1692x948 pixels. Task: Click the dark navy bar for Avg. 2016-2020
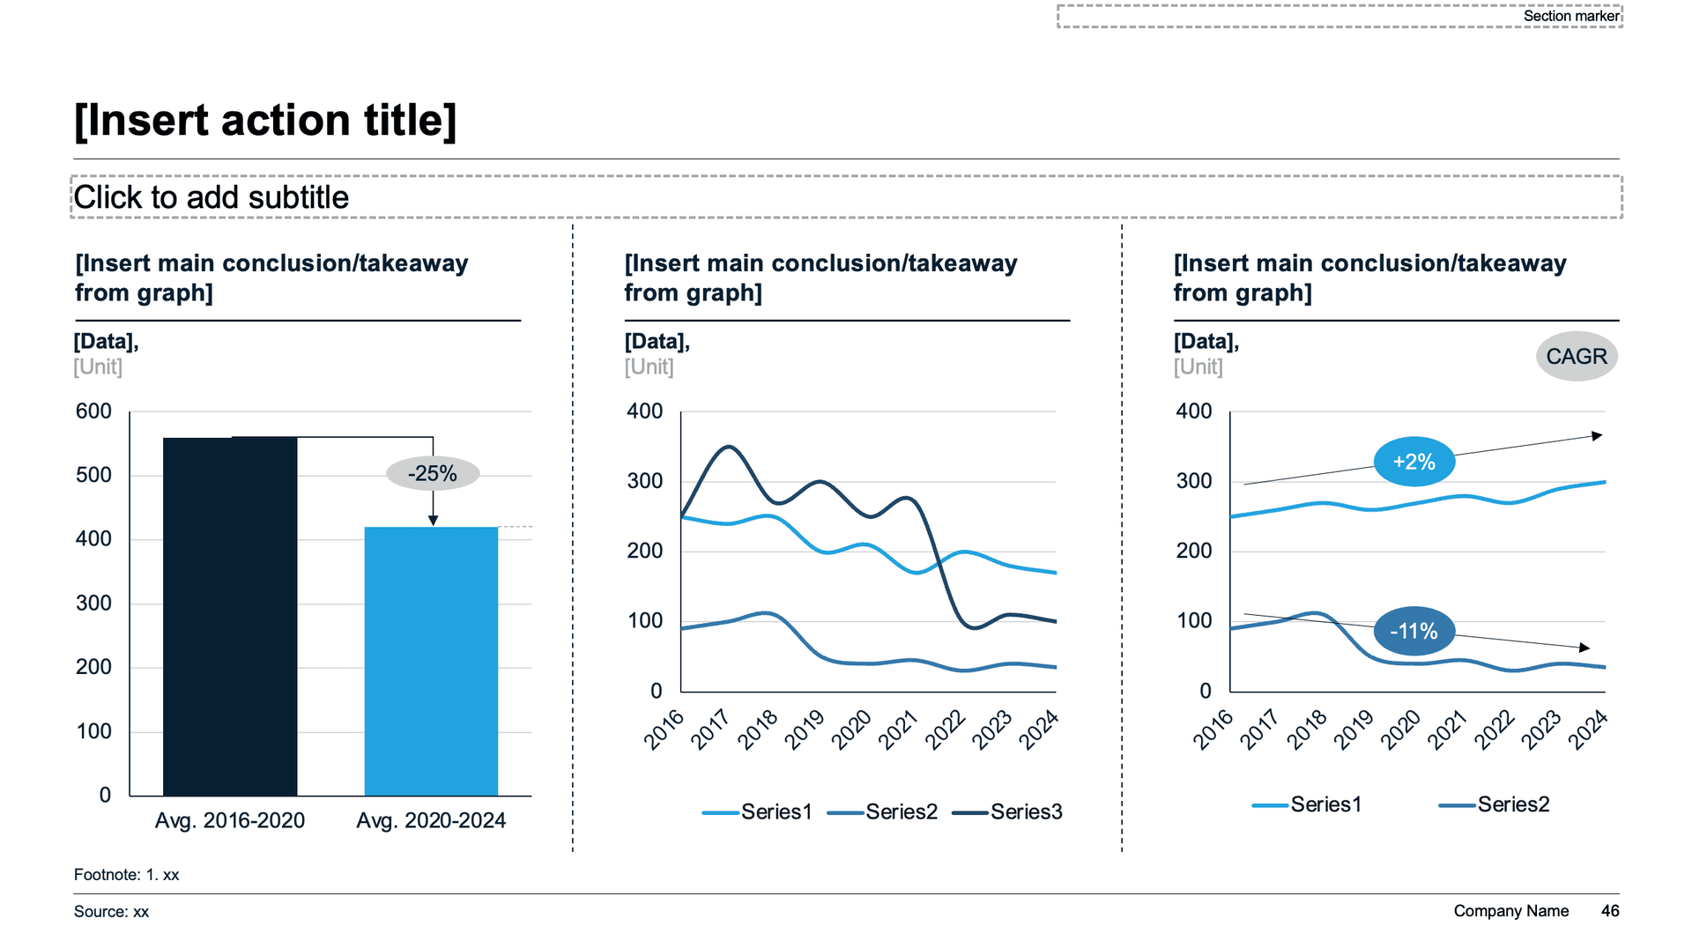(230, 617)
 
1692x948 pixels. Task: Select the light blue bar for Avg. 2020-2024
(431, 661)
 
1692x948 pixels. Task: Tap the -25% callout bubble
(433, 473)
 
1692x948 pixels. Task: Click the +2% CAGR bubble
(1414, 462)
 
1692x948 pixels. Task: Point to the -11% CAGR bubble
(1414, 631)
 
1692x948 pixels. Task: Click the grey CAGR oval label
(1577, 357)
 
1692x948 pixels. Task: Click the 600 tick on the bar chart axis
(93, 411)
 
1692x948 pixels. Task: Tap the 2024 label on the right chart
(1589, 730)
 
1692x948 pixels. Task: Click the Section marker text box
(1570, 16)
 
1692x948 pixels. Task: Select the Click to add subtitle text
(211, 197)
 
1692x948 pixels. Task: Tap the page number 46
(1610, 911)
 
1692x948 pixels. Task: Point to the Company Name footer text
(1510, 911)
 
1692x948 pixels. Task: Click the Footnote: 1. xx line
(127, 875)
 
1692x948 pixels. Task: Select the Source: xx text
(112, 912)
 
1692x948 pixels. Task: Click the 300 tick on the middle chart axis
(644, 481)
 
